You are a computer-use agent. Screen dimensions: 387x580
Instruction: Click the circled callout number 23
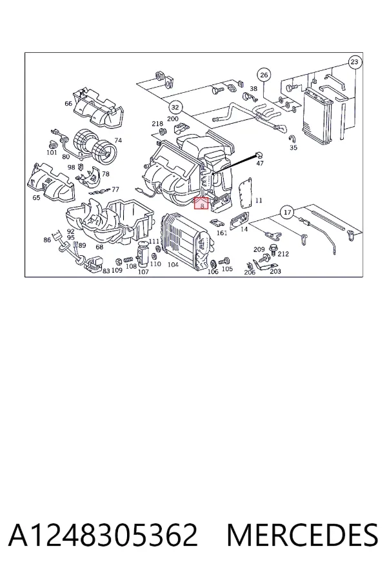click(x=354, y=62)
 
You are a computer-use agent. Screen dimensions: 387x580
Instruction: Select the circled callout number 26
click(x=264, y=75)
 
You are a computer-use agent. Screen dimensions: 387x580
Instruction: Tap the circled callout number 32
click(x=175, y=108)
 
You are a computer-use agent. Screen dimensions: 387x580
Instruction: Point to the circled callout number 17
click(x=287, y=212)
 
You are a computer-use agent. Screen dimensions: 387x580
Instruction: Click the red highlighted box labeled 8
click(x=201, y=203)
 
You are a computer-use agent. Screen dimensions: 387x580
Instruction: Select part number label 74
click(x=118, y=140)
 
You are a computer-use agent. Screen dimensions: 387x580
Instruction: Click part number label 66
click(x=68, y=103)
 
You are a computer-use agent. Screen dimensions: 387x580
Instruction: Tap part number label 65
click(x=36, y=198)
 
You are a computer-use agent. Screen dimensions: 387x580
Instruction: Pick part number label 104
click(x=173, y=264)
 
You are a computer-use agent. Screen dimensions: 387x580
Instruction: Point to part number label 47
click(x=260, y=163)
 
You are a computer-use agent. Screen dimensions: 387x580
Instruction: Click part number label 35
click(x=293, y=148)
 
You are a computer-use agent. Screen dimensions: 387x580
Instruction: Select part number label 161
click(x=221, y=233)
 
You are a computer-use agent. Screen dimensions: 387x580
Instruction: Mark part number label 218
click(x=157, y=124)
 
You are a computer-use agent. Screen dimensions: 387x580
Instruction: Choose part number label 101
click(x=52, y=152)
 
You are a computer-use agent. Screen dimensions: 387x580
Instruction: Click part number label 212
click(x=283, y=254)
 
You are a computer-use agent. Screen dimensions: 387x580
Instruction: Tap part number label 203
click(x=275, y=271)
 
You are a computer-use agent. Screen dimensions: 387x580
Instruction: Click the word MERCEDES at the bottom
click(x=303, y=535)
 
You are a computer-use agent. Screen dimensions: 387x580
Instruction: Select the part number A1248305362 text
click(x=103, y=535)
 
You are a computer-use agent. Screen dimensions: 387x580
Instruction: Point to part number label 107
click(x=143, y=272)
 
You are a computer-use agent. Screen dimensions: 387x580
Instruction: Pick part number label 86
click(x=47, y=240)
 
